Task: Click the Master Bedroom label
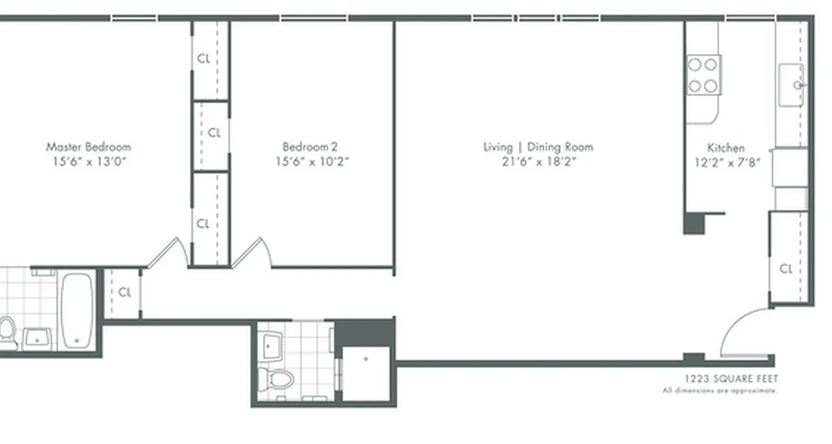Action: (x=88, y=147)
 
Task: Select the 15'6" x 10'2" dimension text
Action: (x=312, y=162)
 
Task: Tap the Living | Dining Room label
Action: (x=538, y=147)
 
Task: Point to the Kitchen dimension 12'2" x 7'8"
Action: (x=727, y=163)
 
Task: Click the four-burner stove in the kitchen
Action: (x=703, y=75)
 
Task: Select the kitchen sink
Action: (x=791, y=85)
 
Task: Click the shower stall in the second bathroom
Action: (x=366, y=374)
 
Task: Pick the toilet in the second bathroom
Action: (x=276, y=380)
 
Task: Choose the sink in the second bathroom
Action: (x=271, y=345)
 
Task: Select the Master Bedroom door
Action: (x=168, y=253)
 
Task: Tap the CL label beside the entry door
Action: (x=786, y=269)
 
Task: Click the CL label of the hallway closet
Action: (x=125, y=292)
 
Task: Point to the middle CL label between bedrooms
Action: (x=214, y=133)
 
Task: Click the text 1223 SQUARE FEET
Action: (x=730, y=379)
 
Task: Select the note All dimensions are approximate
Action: (x=719, y=391)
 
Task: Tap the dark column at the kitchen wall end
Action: (x=694, y=223)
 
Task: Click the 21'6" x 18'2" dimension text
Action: (x=538, y=162)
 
